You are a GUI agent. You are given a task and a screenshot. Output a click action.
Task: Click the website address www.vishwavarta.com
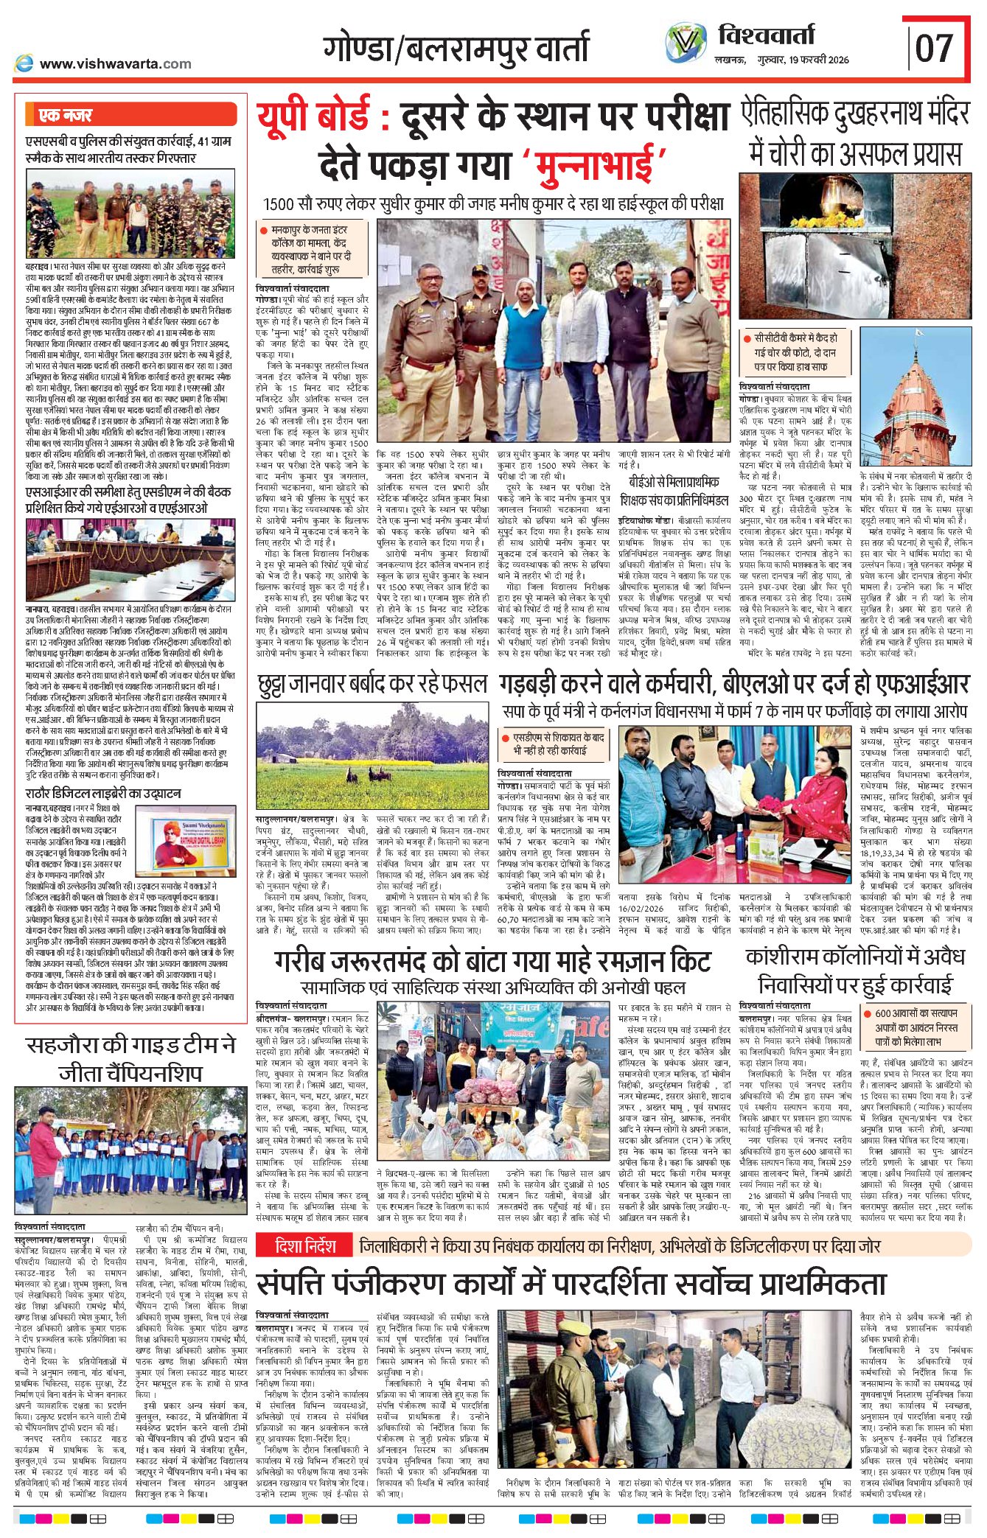(115, 64)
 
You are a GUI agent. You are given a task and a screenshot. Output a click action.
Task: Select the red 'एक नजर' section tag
(66, 115)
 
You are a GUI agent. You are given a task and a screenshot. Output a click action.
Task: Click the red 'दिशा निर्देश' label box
(304, 1246)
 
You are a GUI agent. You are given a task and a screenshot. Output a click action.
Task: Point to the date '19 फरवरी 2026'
(818, 60)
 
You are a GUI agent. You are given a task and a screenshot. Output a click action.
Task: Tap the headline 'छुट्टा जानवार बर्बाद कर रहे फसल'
(372, 685)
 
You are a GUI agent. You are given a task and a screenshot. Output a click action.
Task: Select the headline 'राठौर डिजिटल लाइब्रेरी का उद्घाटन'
(103, 794)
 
